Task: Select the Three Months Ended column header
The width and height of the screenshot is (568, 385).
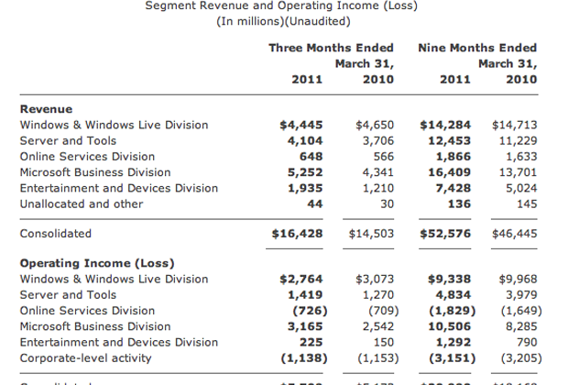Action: point(331,48)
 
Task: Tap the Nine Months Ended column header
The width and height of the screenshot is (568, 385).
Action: point(476,48)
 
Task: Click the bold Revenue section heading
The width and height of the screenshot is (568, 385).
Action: point(46,109)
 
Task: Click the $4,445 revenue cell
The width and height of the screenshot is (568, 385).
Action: point(300,125)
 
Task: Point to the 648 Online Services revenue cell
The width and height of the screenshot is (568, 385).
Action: point(311,156)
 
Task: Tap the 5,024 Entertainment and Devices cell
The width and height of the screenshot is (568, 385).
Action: point(519,188)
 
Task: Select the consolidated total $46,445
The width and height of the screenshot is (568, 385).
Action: point(515,234)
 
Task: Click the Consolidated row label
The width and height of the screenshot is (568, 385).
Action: point(56,234)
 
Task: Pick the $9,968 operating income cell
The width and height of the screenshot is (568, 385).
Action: point(519,279)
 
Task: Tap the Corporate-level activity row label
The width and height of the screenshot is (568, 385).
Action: point(86,357)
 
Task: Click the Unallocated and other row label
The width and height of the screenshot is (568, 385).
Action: point(82,203)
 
